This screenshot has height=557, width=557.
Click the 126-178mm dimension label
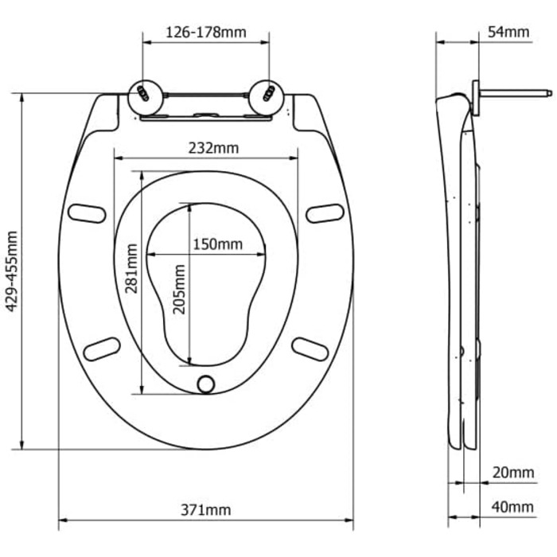click(x=206, y=33)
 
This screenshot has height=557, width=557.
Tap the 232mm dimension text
click(x=213, y=148)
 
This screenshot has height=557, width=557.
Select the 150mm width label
click(x=217, y=244)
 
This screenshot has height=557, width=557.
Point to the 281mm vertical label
click(x=131, y=269)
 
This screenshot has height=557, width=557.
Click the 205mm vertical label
click(x=179, y=290)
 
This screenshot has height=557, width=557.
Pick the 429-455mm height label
click(x=12, y=271)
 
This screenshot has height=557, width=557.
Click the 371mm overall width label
click(x=205, y=510)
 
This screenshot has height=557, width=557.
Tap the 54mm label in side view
click(x=508, y=32)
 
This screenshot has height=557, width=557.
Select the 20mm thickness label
click(x=513, y=473)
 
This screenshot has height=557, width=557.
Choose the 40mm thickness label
click(x=512, y=508)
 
